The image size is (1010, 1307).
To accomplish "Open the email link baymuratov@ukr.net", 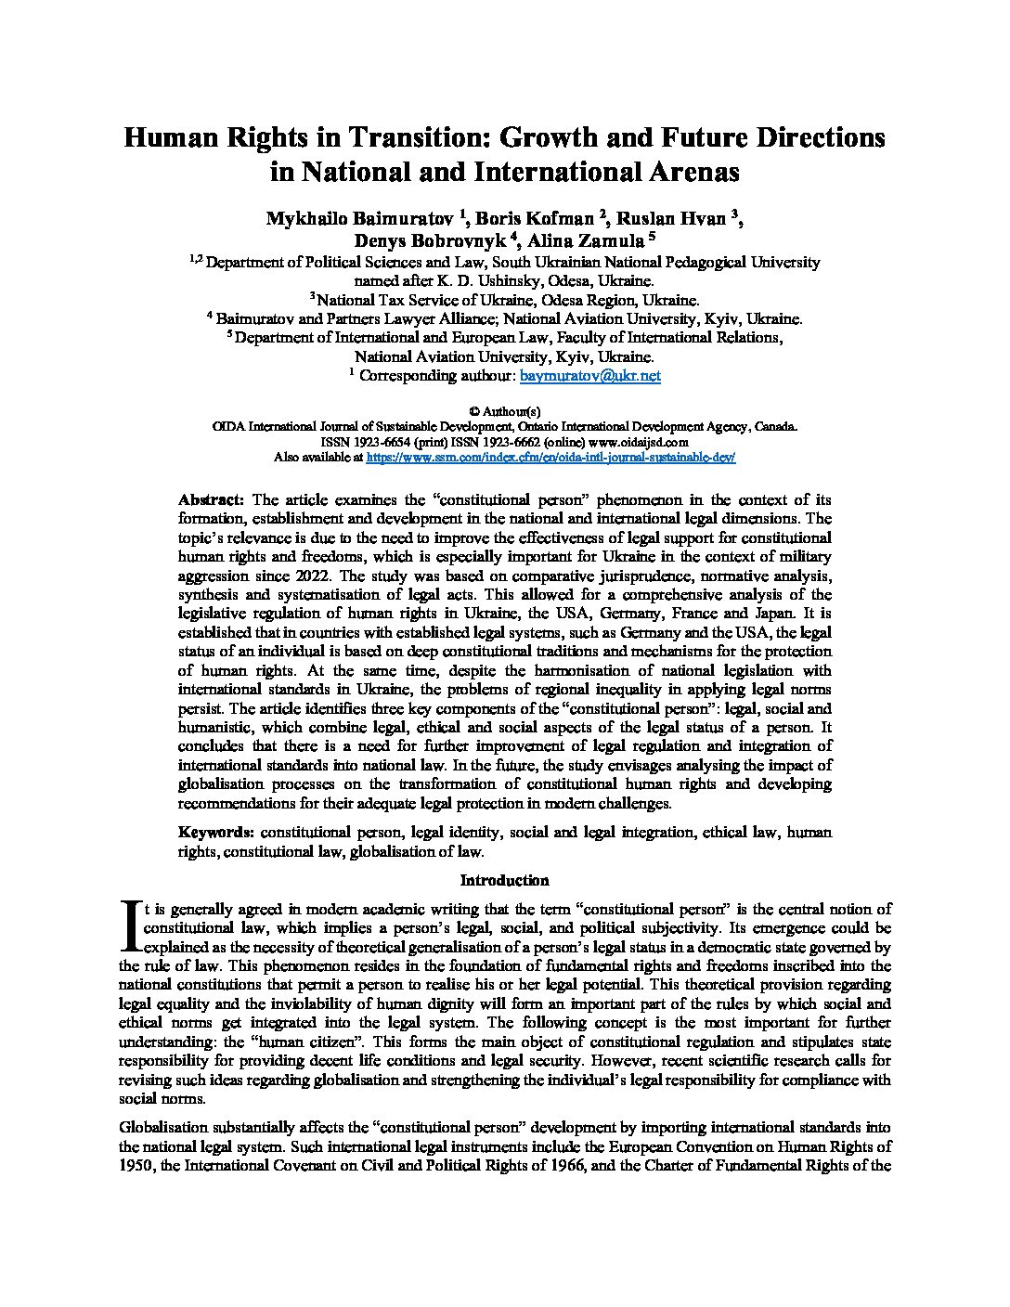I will [x=590, y=376].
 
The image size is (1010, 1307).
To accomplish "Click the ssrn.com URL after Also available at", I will [x=551, y=458].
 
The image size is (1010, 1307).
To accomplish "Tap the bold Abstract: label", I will [x=211, y=499].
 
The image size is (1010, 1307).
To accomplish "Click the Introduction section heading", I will [x=505, y=880].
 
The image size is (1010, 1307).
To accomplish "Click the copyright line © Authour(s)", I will [x=505, y=411].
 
